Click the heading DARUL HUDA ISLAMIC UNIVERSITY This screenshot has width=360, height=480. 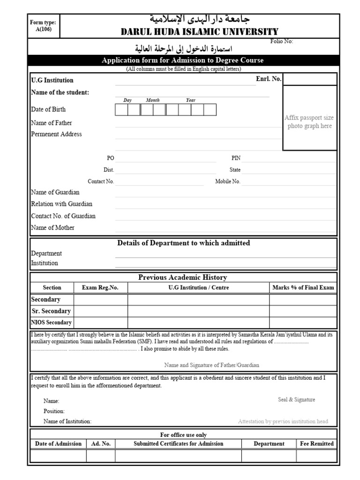[x=199, y=32]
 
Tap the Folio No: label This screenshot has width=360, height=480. [x=282, y=41]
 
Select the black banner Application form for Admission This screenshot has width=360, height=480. [x=183, y=60]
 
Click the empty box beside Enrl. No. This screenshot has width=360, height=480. [x=310, y=79]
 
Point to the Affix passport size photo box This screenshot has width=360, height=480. [x=309, y=122]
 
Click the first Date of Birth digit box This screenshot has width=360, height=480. [x=121, y=110]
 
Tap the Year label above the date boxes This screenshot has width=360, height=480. [x=190, y=100]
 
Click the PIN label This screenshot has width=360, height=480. [x=236, y=158]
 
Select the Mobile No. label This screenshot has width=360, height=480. [x=228, y=181]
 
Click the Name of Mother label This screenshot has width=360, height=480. [x=52, y=228]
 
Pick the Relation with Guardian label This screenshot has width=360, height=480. [x=61, y=204]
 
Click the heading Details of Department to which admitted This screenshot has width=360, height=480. [x=183, y=243]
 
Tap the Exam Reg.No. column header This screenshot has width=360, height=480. [x=100, y=288]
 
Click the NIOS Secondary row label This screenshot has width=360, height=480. [x=52, y=322]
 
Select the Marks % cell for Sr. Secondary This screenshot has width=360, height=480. [x=303, y=311]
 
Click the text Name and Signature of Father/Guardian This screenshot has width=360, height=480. [x=211, y=365]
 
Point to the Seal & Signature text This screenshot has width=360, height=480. [x=296, y=400]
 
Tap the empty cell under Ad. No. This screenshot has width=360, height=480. [x=100, y=456]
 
